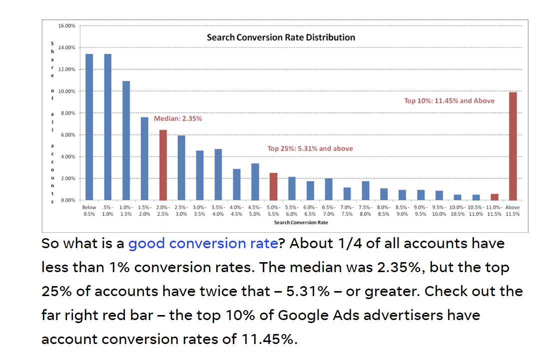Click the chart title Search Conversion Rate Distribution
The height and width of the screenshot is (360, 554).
(281, 37)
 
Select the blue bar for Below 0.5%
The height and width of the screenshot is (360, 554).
(89, 127)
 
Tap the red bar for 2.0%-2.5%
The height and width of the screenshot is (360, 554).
(163, 165)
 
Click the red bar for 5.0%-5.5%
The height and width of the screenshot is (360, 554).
(273, 186)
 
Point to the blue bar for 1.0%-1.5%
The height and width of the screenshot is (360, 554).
(126, 140)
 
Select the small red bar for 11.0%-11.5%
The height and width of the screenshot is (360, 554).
(494, 197)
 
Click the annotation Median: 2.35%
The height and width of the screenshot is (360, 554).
(178, 119)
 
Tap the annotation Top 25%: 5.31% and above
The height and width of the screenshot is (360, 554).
(310, 148)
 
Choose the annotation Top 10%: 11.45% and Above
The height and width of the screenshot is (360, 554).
(449, 101)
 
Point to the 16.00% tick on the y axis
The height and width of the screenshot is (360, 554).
(67, 25)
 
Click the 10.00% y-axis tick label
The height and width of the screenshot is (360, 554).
(67, 91)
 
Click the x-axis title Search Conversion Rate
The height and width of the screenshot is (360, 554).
(301, 222)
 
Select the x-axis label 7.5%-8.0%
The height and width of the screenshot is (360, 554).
(365, 210)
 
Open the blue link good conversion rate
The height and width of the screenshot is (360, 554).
(203, 244)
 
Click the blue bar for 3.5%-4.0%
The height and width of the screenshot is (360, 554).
(218, 174)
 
